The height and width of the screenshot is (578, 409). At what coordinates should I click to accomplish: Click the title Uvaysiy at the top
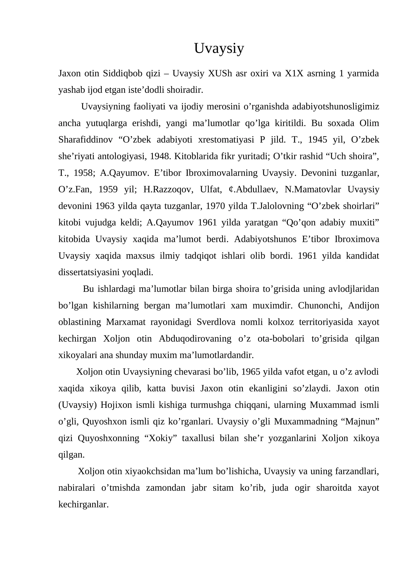click(x=219, y=48)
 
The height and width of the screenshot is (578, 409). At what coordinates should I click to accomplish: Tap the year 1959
click(x=108, y=190)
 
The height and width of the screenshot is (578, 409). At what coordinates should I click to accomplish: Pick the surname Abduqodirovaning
click(x=195, y=339)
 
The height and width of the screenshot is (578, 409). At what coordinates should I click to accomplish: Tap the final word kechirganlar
click(x=84, y=504)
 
